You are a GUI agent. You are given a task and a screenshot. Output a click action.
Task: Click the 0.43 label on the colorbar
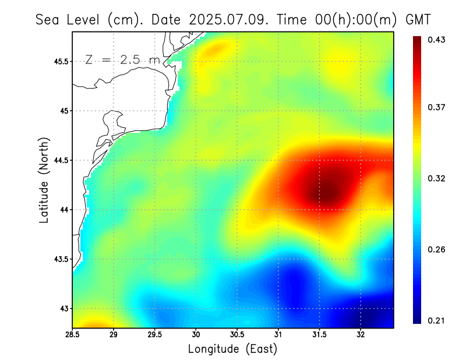(x=437, y=40)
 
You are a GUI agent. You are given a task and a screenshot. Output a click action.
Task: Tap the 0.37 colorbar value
(x=437, y=107)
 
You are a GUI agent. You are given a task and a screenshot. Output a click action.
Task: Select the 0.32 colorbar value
(x=437, y=178)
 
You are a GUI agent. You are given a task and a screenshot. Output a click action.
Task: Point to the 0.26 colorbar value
(x=437, y=249)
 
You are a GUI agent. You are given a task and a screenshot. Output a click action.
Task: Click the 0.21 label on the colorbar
(x=437, y=320)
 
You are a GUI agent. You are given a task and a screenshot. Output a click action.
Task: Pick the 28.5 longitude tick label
(x=73, y=335)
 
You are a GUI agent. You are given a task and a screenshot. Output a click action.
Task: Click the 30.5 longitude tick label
(x=237, y=335)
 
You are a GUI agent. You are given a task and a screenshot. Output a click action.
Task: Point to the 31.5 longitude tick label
(x=319, y=335)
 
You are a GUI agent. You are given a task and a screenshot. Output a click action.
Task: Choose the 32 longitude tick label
(x=361, y=335)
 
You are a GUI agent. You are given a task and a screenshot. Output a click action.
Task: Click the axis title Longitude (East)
(x=232, y=349)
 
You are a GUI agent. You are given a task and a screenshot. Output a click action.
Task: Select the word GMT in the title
(x=418, y=19)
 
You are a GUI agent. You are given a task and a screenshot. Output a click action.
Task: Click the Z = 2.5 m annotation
(x=122, y=60)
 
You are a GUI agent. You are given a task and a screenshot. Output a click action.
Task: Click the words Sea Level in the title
(x=68, y=19)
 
